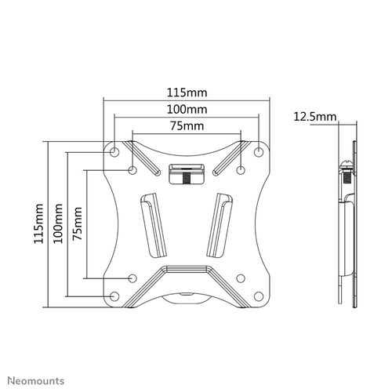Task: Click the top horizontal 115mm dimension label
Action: click(187, 91)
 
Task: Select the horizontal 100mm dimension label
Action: click(187, 108)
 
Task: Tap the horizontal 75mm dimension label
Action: click(187, 125)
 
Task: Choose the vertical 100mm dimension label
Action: click(59, 223)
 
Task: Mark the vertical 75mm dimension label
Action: click(77, 223)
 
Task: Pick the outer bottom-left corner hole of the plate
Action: click(115, 296)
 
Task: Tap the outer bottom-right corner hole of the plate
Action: click(259, 296)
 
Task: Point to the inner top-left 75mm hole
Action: click(132, 169)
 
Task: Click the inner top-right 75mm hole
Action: click(241, 169)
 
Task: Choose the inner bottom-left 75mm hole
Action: click(132, 278)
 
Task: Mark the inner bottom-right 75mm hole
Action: click(241, 278)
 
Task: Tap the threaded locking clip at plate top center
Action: click(187, 172)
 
